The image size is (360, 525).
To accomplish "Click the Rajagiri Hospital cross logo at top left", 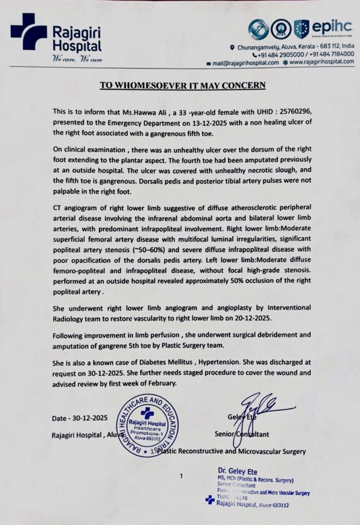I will (28, 32).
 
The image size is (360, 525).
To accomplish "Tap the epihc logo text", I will (332, 27).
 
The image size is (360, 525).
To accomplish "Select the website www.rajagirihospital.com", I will (322, 62).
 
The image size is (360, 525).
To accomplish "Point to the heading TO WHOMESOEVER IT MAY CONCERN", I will (180, 85).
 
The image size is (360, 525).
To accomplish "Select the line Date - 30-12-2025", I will (79, 419).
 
